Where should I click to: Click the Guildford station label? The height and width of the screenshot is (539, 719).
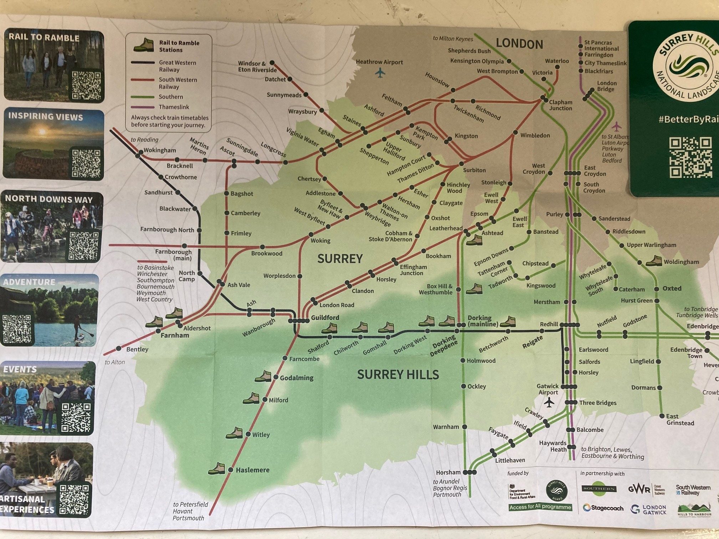325,317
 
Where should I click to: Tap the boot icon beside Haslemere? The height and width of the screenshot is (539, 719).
217,468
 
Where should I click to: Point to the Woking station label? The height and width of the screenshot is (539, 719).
320,241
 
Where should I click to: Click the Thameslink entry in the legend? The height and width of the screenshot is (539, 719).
174,107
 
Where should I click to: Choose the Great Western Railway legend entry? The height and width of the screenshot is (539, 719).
177,66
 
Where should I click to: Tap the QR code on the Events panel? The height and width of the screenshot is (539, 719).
76,417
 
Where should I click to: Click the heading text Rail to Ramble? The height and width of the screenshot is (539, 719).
44,37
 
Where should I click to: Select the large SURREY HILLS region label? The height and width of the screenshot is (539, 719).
398,375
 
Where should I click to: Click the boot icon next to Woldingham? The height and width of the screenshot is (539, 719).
654,261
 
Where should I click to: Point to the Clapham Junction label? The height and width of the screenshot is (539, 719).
561,105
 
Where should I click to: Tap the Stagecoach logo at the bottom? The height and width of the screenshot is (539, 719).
603,508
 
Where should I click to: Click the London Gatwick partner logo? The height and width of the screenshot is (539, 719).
648,509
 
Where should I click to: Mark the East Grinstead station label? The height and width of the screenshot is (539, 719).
680,420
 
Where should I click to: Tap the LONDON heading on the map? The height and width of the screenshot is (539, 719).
519,44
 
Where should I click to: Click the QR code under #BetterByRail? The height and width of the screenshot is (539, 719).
690,157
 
